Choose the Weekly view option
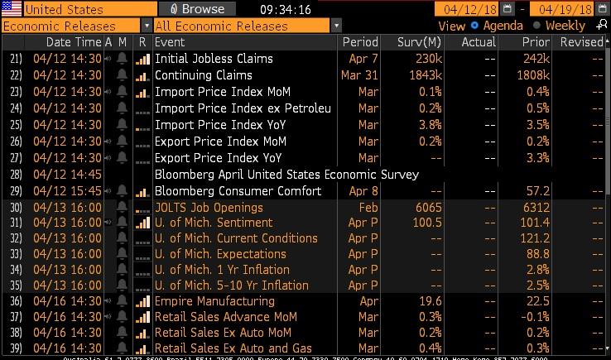tap(563, 26)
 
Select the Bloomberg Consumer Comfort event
tap(237, 191)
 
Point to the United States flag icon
tap(12, 9)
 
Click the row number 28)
tap(16, 175)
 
